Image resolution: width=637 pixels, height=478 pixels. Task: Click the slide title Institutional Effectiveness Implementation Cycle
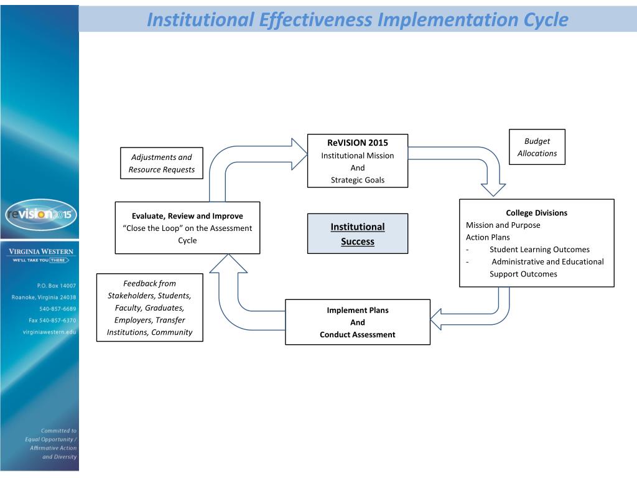click(357, 20)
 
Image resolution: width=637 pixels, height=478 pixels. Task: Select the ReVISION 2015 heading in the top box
click(357, 143)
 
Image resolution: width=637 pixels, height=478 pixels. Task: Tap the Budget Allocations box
click(536, 147)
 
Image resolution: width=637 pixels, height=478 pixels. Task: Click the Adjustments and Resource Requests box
click(161, 163)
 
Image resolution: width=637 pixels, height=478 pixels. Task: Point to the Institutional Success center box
click(358, 234)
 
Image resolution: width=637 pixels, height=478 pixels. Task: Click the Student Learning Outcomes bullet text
click(539, 250)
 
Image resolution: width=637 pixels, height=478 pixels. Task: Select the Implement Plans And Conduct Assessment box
click(357, 322)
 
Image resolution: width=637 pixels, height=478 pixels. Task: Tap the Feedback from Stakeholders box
click(149, 307)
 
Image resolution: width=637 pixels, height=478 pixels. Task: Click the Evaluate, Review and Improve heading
click(187, 216)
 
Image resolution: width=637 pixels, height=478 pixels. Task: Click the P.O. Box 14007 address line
click(57, 285)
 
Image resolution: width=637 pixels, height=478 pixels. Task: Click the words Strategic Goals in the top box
click(357, 180)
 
